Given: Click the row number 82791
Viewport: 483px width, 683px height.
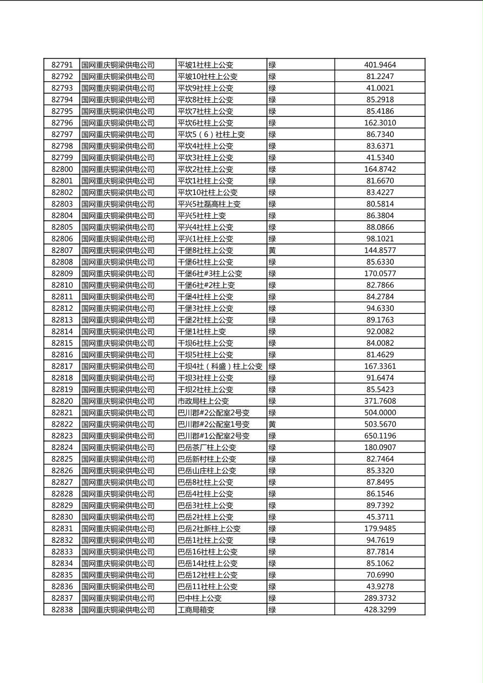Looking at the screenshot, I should (x=62, y=65).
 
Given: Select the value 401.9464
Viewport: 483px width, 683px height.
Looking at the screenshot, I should (x=380, y=65).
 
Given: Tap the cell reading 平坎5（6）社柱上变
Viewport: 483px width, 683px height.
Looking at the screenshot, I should (x=211, y=134).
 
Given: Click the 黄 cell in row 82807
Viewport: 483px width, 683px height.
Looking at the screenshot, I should (x=272, y=251).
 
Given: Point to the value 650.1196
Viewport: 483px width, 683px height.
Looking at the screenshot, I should (x=380, y=436).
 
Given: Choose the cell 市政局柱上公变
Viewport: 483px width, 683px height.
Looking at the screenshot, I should (x=204, y=401).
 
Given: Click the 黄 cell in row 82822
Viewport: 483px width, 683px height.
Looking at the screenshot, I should (x=272, y=424).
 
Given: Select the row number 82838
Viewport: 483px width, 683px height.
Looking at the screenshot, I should (x=62, y=610).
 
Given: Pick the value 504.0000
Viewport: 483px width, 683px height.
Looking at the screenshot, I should (x=380, y=413).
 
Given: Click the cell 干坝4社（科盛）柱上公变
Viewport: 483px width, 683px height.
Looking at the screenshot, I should (x=220, y=366).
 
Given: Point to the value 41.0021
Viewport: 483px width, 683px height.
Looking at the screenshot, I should (x=380, y=88).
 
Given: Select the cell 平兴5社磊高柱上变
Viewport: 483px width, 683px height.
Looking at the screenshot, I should (x=209, y=204).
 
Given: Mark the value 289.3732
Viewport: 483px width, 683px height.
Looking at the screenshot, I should (x=380, y=598).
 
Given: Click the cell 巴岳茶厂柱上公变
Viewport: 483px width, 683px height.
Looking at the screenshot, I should (x=207, y=448).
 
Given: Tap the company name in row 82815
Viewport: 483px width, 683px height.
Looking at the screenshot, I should (x=118, y=343).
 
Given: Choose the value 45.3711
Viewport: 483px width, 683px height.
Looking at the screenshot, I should (x=380, y=517).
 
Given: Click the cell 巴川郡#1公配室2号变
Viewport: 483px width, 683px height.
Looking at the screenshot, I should (x=213, y=436).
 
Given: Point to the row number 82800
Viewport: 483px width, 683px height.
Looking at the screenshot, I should (x=62, y=169).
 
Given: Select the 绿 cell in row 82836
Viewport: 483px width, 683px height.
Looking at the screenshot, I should (x=272, y=587).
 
